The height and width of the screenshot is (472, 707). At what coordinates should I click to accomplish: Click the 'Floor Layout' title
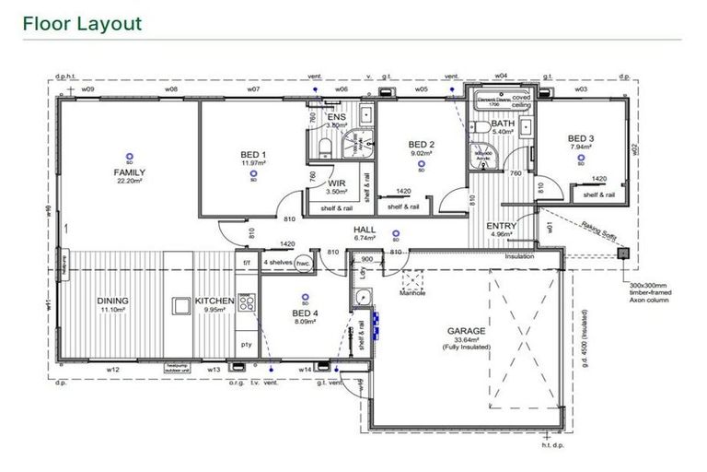click(x=82, y=23)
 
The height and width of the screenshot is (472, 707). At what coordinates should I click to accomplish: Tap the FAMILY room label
click(x=129, y=172)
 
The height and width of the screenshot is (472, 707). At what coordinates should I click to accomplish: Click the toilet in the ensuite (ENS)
click(x=323, y=150)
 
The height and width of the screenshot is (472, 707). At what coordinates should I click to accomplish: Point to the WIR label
click(x=337, y=183)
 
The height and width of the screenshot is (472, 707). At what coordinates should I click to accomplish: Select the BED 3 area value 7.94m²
click(x=580, y=147)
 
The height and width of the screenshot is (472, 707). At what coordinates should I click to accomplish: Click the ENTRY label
click(x=501, y=225)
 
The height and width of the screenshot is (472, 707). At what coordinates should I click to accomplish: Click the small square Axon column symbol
click(x=623, y=251)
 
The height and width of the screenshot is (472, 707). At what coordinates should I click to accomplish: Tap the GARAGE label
click(x=466, y=329)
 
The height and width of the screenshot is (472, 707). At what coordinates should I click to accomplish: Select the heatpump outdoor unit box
click(x=177, y=366)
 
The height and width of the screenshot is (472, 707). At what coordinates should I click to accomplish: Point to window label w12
click(x=113, y=371)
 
